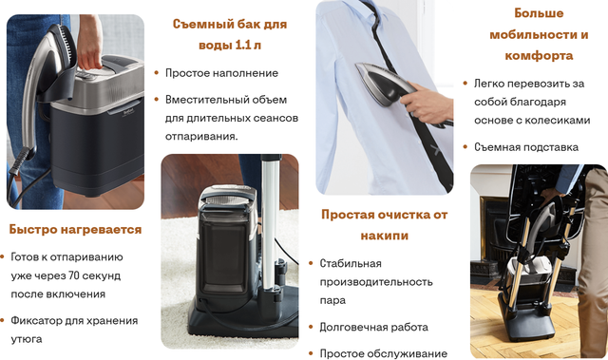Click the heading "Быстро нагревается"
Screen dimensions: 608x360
tap(75, 230)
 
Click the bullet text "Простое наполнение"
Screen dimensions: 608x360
tap(221, 73)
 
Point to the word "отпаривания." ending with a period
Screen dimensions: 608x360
tap(201, 137)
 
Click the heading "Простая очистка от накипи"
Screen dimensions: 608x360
tap(384, 225)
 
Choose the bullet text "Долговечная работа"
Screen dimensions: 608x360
tap(373, 327)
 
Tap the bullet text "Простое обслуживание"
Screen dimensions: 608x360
tap(384, 353)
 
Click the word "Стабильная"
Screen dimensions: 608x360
tap(351, 263)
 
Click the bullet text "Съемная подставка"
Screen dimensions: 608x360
tap(526, 147)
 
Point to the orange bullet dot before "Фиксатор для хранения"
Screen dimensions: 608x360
tap(2, 320)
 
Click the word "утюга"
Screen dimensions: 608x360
tap(27, 339)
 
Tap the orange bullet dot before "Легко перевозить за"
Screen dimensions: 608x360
tap(465, 84)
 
